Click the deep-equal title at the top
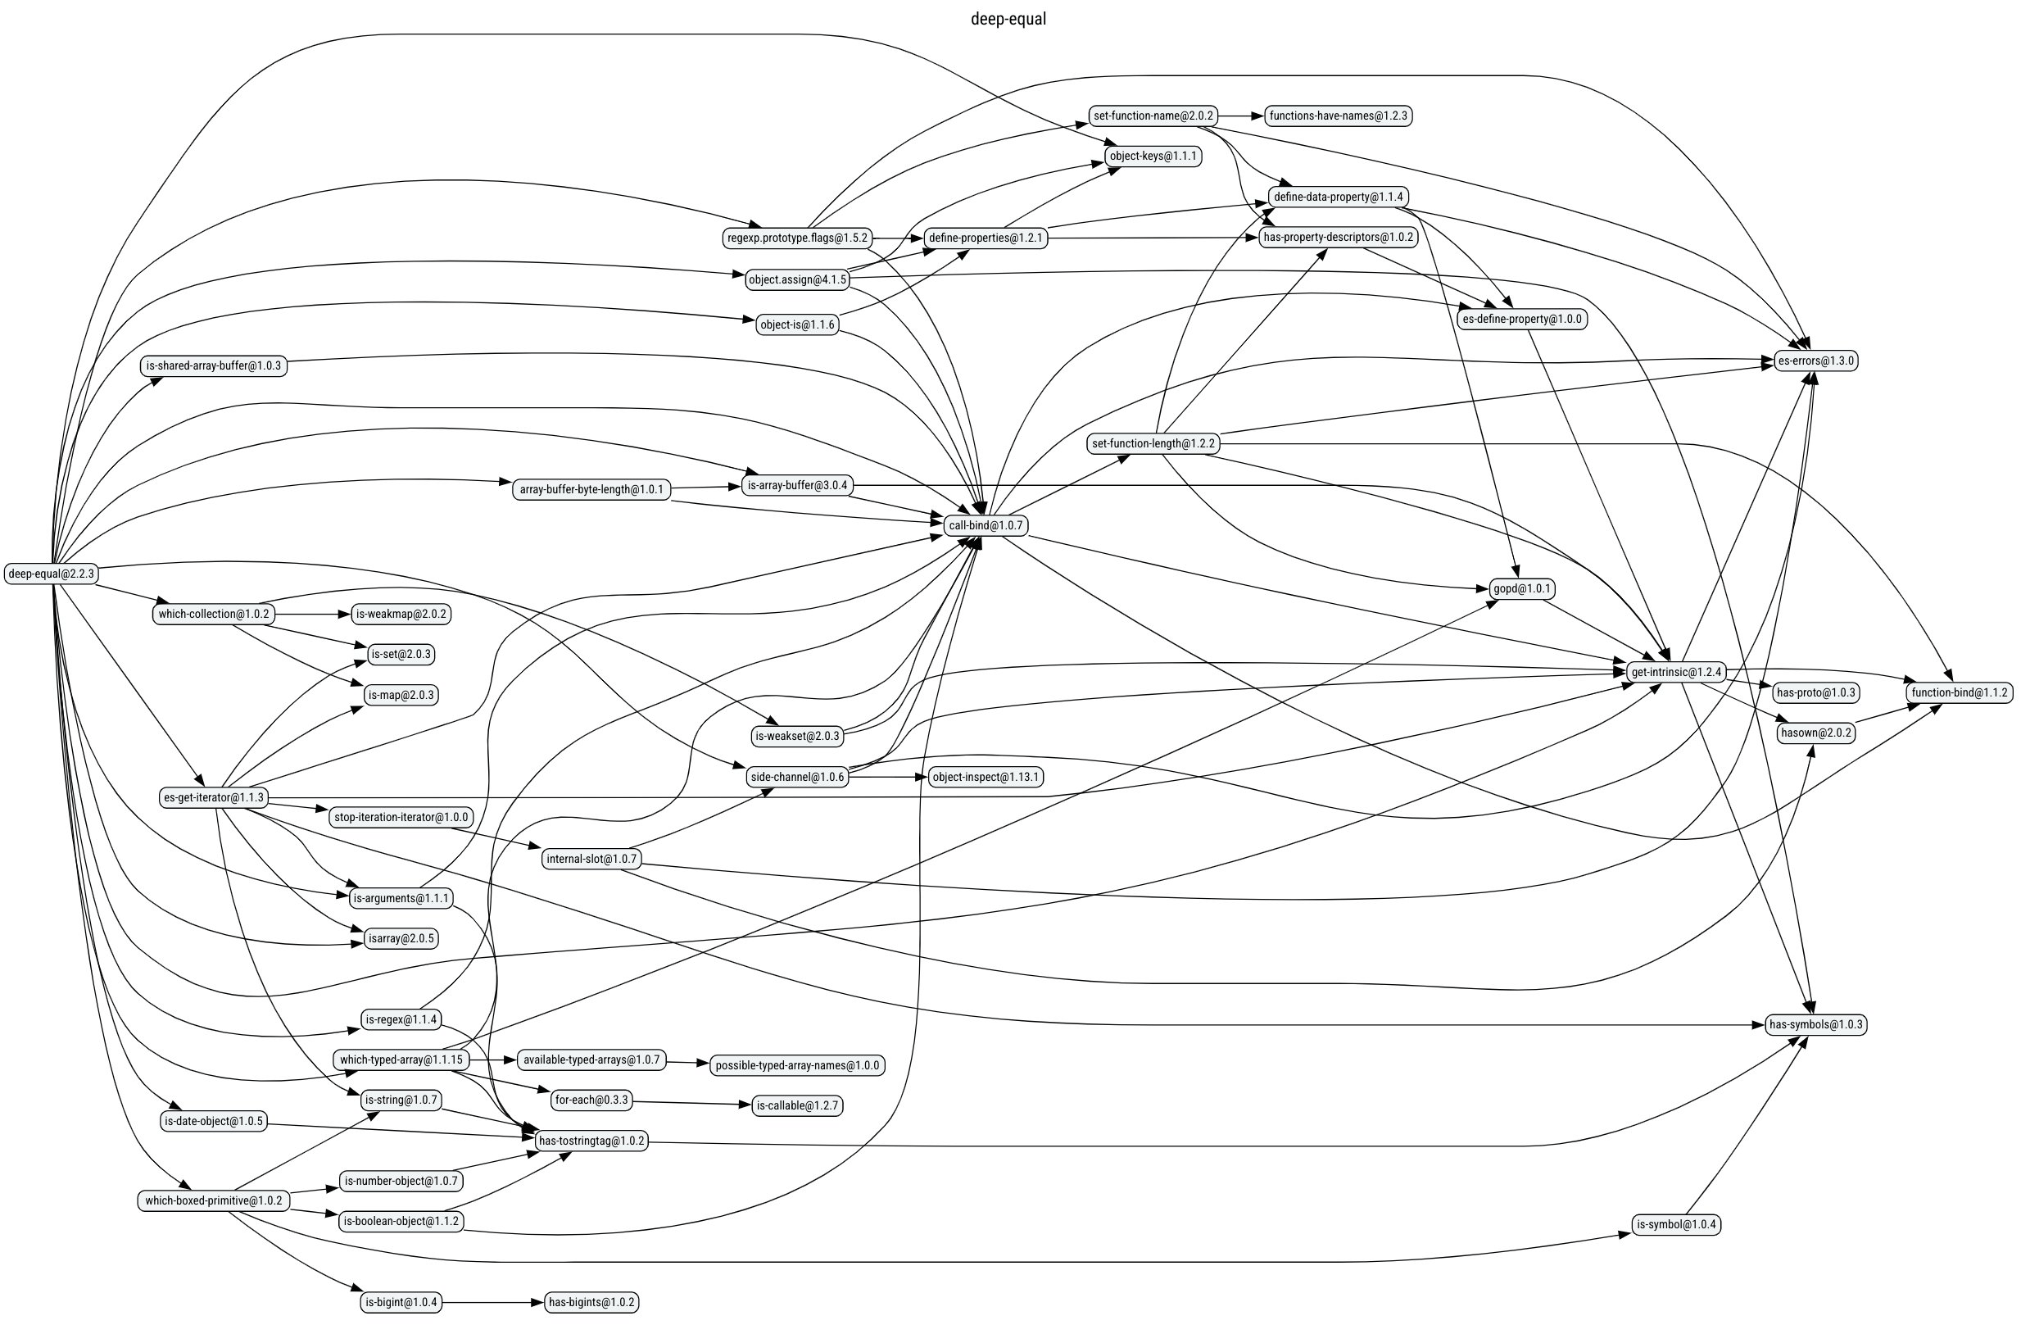(x=1008, y=19)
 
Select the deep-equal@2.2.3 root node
(x=51, y=574)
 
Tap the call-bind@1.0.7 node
(x=986, y=525)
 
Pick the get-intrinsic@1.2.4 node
(x=1676, y=672)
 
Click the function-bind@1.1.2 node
(x=1960, y=692)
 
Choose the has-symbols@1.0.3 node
(x=1816, y=1024)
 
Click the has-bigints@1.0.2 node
(x=591, y=1302)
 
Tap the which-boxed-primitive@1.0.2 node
(x=213, y=1201)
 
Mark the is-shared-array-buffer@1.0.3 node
(x=213, y=366)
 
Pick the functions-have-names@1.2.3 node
(x=1338, y=116)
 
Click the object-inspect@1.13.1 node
(x=986, y=777)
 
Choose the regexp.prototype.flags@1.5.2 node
(x=796, y=238)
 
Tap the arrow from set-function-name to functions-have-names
(x=1240, y=116)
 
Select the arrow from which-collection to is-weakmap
(x=312, y=614)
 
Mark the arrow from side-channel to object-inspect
(x=887, y=777)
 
